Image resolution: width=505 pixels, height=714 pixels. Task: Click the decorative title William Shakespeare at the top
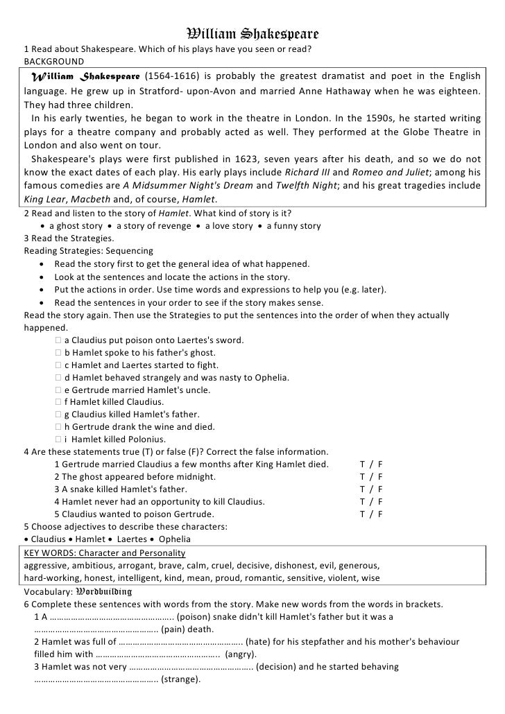tap(252, 34)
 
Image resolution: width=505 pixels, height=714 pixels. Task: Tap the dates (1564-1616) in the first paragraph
tap(172, 76)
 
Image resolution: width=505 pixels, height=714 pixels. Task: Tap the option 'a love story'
tap(225, 226)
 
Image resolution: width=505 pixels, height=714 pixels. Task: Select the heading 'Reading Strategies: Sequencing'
tap(89, 251)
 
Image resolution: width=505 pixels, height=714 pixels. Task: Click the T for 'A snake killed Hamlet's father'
tap(362, 489)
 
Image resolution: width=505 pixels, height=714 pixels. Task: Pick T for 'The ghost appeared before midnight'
tap(362, 477)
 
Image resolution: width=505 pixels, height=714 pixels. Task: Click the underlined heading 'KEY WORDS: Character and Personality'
tap(104, 553)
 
